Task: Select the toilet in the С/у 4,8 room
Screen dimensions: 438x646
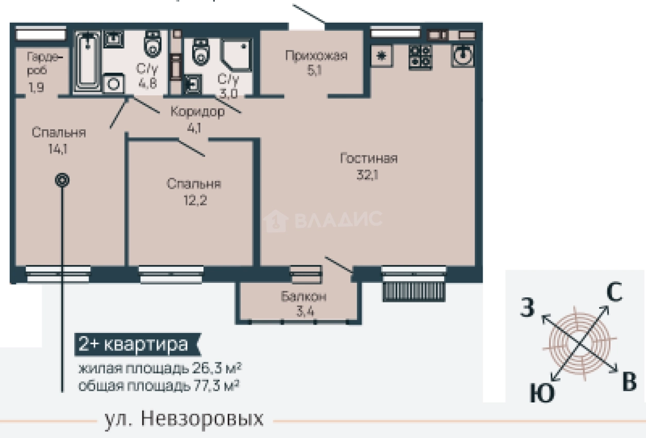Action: tap(152, 44)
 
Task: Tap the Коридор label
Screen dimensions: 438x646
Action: tap(197, 112)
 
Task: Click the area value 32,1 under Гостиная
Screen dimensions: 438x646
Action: tap(368, 175)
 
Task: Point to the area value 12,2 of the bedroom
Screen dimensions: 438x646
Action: tap(194, 200)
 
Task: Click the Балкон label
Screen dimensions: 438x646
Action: tap(303, 297)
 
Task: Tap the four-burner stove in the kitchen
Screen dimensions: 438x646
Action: tap(420, 57)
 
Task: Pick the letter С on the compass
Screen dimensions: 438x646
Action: tap(614, 293)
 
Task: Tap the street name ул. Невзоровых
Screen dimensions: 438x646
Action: tap(184, 419)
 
